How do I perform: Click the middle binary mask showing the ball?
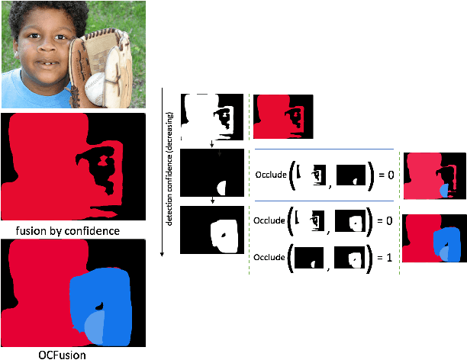point(211,173)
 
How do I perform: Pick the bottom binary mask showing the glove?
point(211,229)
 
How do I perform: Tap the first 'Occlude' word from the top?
point(273,175)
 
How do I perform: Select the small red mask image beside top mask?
point(283,117)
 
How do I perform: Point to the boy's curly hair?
point(38,14)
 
